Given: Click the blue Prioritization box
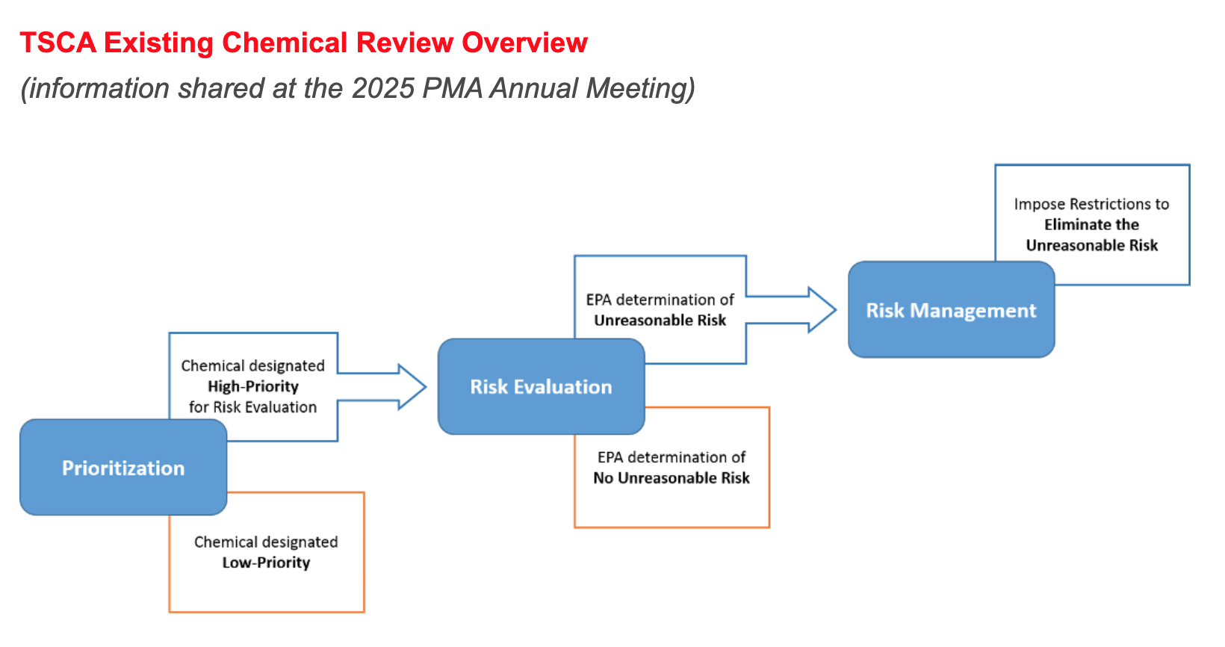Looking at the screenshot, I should [x=123, y=468].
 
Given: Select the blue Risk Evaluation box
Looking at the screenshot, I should [x=541, y=387].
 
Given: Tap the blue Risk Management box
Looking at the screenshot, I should [x=951, y=310].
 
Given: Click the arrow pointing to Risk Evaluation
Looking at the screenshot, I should [x=407, y=387].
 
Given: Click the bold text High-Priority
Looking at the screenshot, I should [x=253, y=386].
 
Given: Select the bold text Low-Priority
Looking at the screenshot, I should [x=266, y=563].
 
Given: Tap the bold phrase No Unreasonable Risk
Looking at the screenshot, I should [x=672, y=478].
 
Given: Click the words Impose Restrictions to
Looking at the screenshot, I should [x=1091, y=204].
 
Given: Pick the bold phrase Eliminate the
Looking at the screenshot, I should [x=1091, y=225].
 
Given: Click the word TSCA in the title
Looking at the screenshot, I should [x=58, y=43].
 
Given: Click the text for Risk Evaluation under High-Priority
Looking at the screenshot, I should [x=253, y=407].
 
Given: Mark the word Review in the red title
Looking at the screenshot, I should [x=406, y=43].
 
